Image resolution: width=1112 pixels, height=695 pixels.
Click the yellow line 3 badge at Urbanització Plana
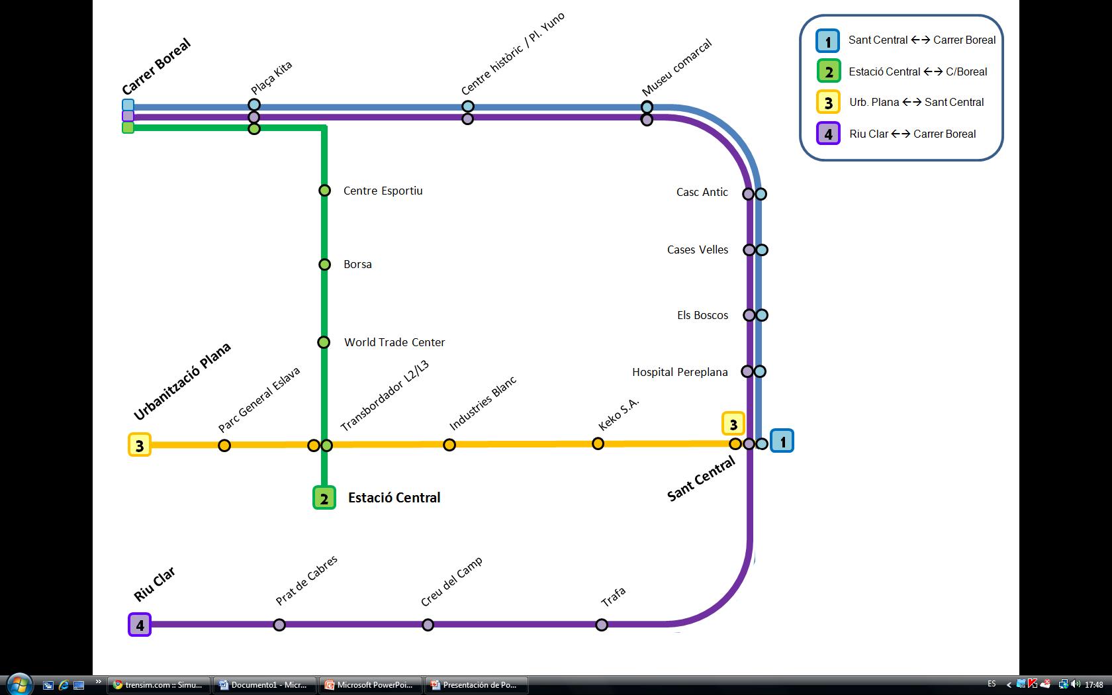(x=139, y=445)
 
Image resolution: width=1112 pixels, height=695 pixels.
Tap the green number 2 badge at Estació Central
(x=324, y=498)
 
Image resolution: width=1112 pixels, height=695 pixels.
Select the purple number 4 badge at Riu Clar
(x=140, y=624)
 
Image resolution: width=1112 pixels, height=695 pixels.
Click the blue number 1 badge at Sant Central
(x=782, y=441)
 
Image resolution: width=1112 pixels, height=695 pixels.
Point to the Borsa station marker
(x=324, y=265)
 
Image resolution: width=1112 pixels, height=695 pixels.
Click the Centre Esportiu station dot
(x=324, y=191)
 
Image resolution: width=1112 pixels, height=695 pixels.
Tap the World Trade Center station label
(x=394, y=342)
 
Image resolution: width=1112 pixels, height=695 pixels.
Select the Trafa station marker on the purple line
(x=602, y=625)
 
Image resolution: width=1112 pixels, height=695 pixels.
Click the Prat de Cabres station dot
(x=279, y=625)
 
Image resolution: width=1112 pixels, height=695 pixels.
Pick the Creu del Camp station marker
(x=428, y=625)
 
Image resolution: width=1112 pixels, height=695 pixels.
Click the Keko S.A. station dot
(x=598, y=443)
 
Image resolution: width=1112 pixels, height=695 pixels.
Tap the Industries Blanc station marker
(x=449, y=445)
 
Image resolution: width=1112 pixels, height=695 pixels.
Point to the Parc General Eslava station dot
(x=224, y=445)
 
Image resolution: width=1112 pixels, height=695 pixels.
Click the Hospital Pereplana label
(x=680, y=372)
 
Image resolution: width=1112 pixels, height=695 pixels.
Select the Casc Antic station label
(x=702, y=192)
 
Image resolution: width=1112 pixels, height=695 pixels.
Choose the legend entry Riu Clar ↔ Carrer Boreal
(x=912, y=134)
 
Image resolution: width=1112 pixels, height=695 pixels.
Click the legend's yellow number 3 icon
(x=828, y=103)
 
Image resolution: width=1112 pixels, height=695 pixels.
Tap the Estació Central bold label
(x=394, y=498)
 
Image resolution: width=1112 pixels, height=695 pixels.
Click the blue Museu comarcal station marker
(x=647, y=107)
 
